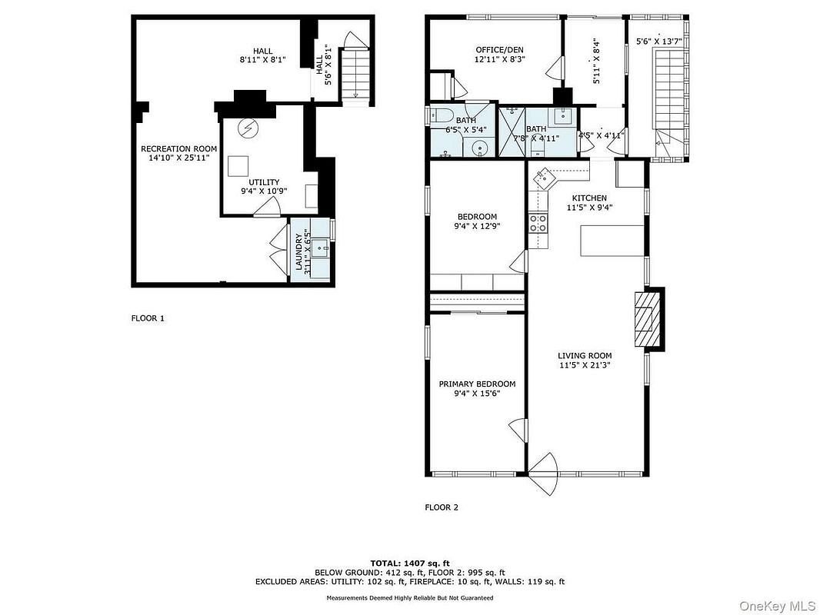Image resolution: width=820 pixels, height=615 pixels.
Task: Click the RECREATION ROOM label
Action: (178, 148)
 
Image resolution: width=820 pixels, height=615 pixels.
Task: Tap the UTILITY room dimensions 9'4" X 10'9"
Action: (264, 191)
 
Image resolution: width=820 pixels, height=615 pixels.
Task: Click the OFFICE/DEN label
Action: (499, 49)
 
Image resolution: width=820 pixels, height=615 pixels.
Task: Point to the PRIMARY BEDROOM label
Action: (477, 384)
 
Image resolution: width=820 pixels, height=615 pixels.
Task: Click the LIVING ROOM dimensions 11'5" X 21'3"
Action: (585, 366)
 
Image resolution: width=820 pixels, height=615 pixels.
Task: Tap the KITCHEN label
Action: (588, 198)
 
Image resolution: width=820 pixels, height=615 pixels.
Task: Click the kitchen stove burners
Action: (538, 223)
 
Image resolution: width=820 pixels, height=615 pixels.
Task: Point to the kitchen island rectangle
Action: (612, 241)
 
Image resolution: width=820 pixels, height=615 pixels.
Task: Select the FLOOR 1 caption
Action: (148, 317)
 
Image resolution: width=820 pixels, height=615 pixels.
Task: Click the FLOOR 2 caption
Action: (442, 507)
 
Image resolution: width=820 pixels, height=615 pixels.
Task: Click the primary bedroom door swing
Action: (518, 429)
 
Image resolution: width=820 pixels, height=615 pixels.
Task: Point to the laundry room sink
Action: (322, 248)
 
